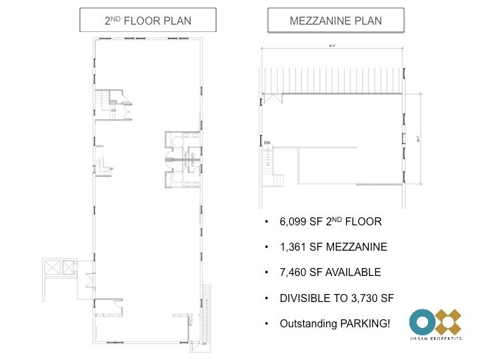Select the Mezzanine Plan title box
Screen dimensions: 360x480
335,21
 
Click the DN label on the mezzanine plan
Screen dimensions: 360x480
267,143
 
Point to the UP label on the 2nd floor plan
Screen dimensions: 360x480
110,169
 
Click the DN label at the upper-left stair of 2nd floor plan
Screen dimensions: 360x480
114,110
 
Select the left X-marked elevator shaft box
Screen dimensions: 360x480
51,268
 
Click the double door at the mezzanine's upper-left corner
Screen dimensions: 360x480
273,99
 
